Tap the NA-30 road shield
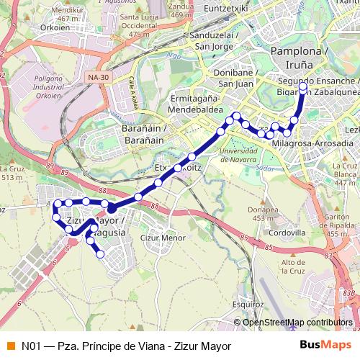tap(94, 77)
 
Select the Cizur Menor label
tap(158, 235)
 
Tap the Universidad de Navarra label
tap(241, 156)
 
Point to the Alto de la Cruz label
tap(292, 266)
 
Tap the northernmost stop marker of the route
tap(302, 87)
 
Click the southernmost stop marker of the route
tap(100, 253)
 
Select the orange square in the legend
tap(11, 346)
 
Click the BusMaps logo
tap(325, 346)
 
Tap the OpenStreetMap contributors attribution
tap(297, 323)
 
